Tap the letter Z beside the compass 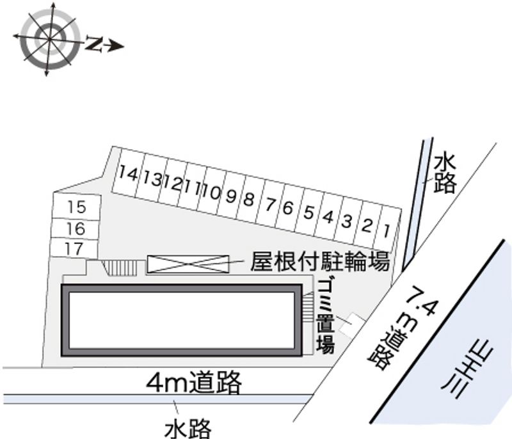tap(95, 44)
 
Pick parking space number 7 tap(271, 205)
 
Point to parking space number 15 tap(76, 207)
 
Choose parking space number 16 tap(76, 228)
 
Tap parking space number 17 tap(74, 248)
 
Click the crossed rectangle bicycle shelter tap(188, 263)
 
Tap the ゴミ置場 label tap(326, 317)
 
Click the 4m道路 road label tap(193, 383)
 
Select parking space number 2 tap(367, 224)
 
